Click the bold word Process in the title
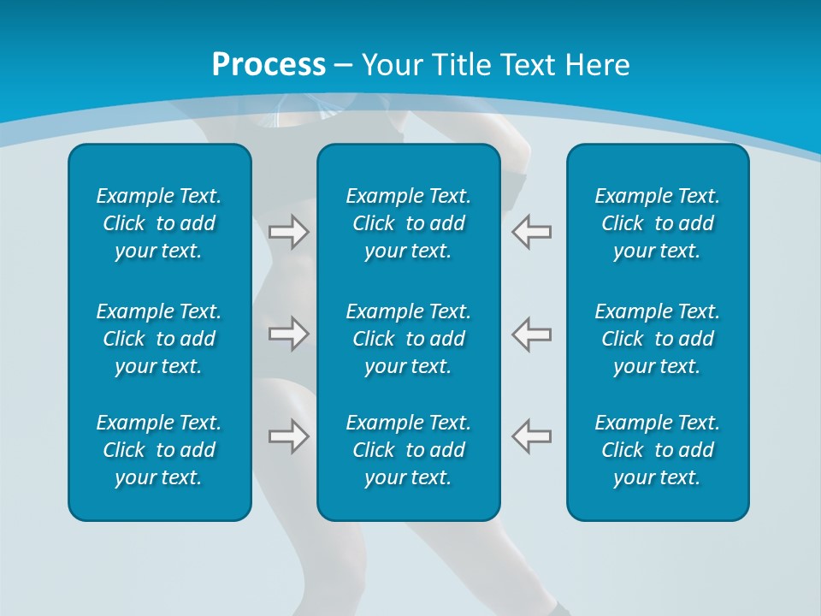[x=269, y=65]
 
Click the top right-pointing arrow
[x=288, y=231]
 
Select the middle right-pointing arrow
[x=288, y=334]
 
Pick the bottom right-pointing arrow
[x=288, y=436]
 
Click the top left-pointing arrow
[x=532, y=231]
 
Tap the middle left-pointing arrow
[x=532, y=334]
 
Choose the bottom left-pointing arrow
[x=532, y=436]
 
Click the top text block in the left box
[x=159, y=223]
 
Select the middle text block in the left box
[x=159, y=339]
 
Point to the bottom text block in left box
[x=159, y=450]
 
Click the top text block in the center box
[x=409, y=223]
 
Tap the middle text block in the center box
[x=409, y=339]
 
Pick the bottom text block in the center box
[x=409, y=450]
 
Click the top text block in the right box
[x=658, y=223]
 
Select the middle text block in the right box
[x=658, y=339]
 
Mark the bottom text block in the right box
[x=658, y=450]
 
